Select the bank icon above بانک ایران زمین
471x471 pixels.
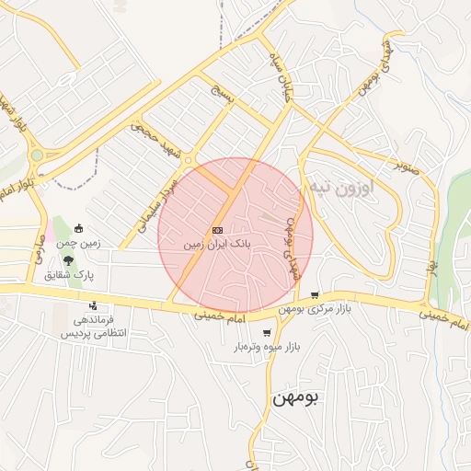(217, 229)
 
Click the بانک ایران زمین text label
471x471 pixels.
(217, 246)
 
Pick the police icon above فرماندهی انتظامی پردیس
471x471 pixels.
(93, 306)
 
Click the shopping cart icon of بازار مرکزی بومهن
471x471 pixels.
(316, 295)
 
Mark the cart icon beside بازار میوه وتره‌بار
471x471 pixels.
(266, 333)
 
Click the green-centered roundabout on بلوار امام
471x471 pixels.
(37, 156)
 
